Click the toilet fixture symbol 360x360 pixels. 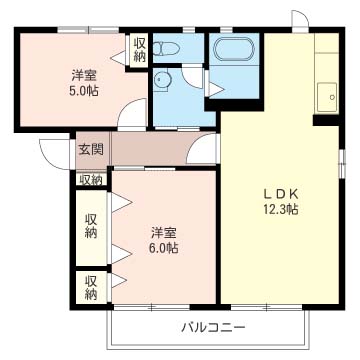(166, 49)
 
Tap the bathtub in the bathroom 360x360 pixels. (234, 49)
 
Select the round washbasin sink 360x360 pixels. (163, 80)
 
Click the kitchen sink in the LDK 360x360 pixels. (327, 97)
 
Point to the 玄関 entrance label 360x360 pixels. (91, 149)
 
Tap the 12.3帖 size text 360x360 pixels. (281, 210)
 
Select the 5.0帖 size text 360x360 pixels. (84, 91)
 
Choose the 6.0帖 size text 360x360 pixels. (164, 248)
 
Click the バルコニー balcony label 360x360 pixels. (213, 327)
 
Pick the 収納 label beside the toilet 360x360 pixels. (140, 50)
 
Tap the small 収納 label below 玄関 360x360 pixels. (91, 180)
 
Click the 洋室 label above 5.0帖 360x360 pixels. (84, 76)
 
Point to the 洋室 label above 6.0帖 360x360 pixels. (164, 233)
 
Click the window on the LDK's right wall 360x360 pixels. (342, 163)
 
